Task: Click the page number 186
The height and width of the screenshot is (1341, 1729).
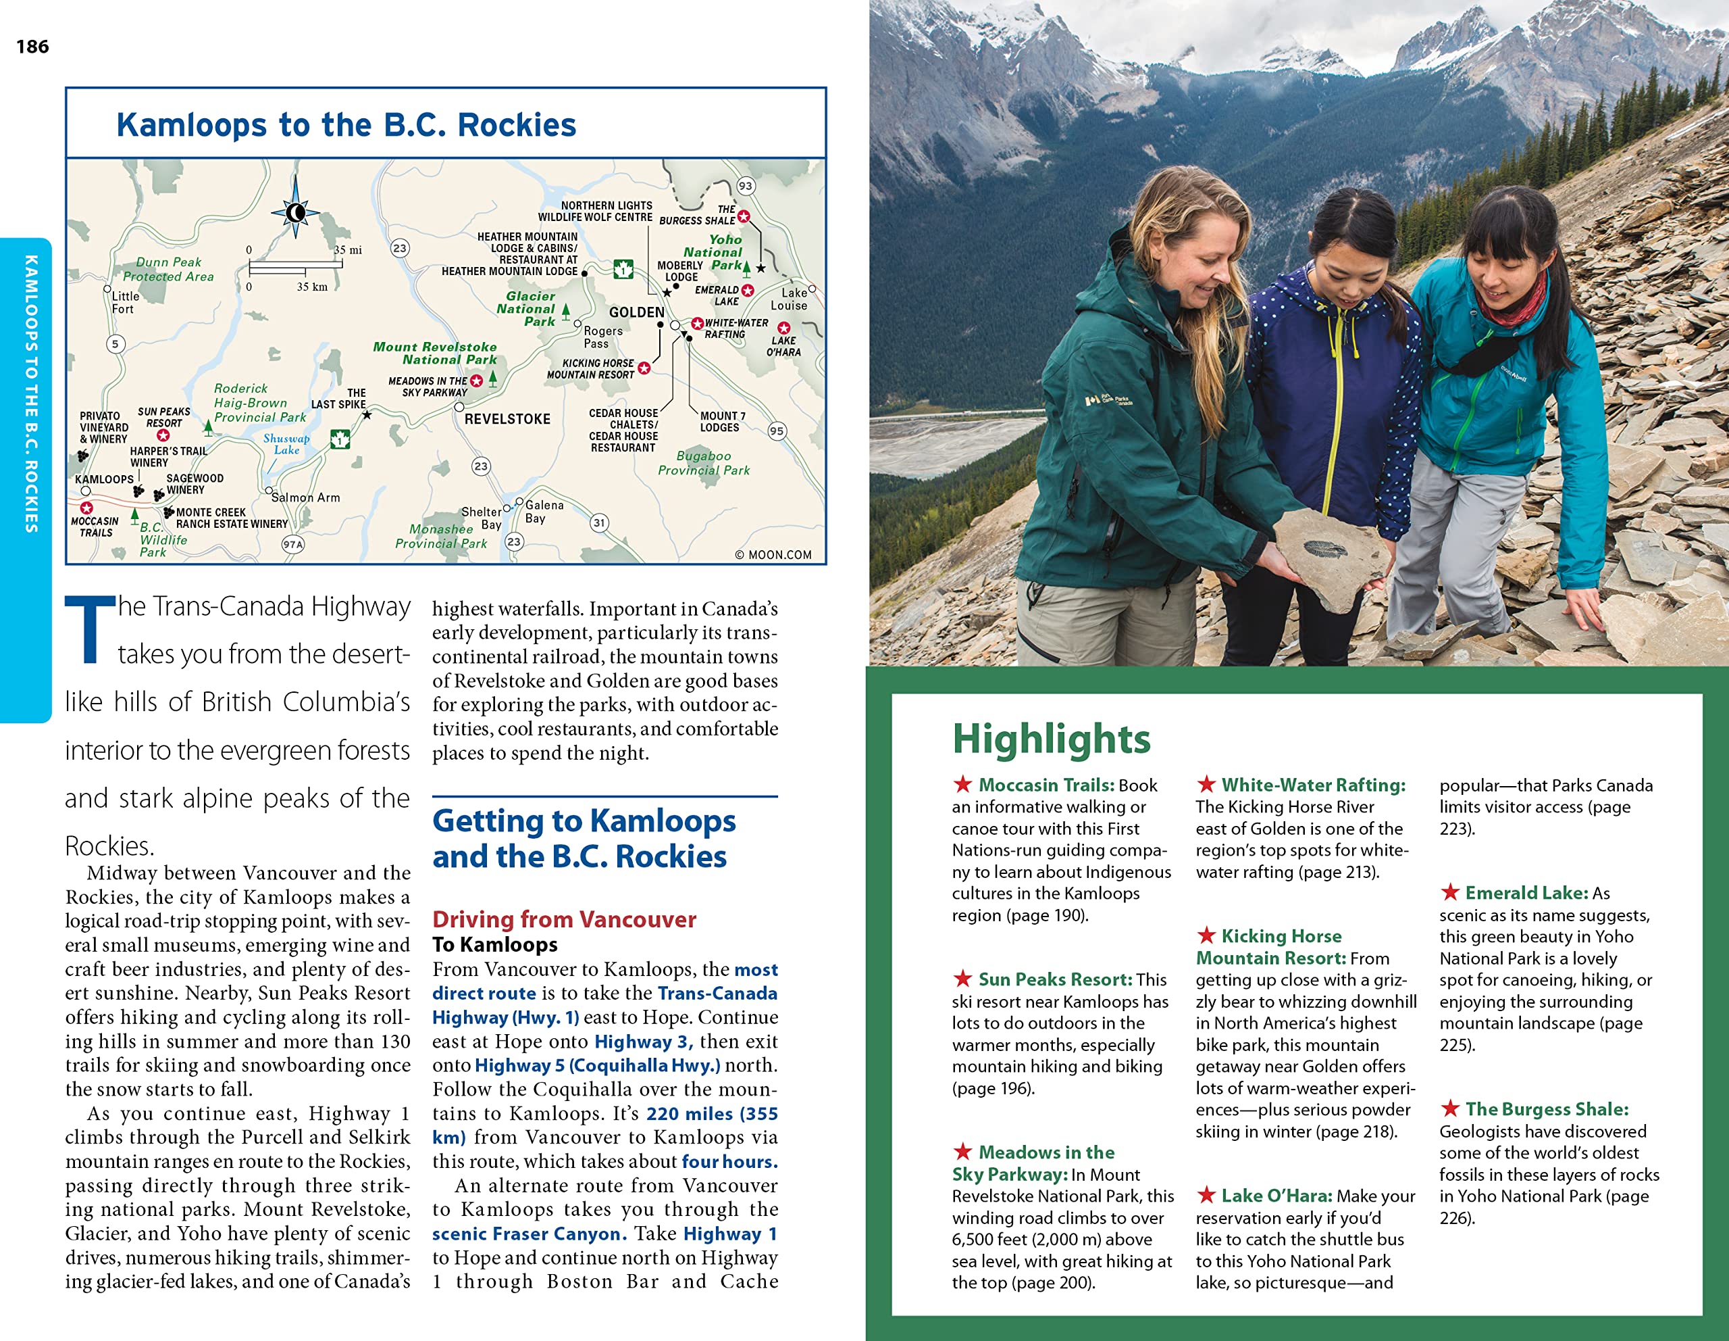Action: point(32,47)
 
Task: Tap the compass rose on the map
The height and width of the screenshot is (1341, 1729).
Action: point(295,212)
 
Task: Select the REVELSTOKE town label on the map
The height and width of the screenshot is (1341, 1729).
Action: point(507,419)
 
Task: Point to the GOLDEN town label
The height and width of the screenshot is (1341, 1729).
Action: point(636,312)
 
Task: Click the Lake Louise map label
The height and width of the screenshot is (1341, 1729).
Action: point(790,299)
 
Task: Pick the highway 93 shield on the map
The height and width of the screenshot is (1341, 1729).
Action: point(746,186)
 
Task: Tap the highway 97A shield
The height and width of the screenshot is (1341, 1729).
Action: point(293,544)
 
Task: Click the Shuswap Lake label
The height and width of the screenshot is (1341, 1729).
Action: point(286,444)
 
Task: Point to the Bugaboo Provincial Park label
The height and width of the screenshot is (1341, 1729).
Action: point(704,462)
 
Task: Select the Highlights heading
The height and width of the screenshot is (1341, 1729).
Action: point(1050,738)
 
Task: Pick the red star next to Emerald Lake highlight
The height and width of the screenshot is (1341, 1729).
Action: point(1449,892)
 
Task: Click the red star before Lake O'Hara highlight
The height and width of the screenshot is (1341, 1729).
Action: point(1206,1194)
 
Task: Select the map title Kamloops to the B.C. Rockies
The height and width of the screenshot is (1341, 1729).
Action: point(346,125)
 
